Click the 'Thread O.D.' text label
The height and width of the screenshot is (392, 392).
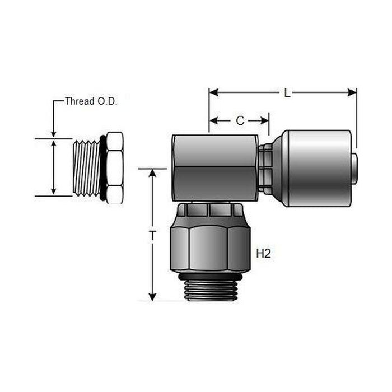pyautogui.click(x=91, y=101)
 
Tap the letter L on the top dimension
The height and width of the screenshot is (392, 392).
pyautogui.click(x=287, y=93)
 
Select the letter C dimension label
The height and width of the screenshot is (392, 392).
pyautogui.click(x=240, y=120)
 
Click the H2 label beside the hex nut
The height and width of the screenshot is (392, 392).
pyautogui.click(x=263, y=254)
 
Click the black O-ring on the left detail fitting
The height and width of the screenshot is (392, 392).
pyautogui.click(x=103, y=167)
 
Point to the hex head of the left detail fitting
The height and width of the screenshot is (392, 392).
pyautogui.click(x=114, y=167)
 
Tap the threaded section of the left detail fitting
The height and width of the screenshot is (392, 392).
pyautogui.click(x=87, y=167)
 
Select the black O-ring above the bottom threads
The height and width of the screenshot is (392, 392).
pyautogui.click(x=210, y=276)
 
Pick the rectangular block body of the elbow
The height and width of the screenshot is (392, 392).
pyautogui.click(x=214, y=167)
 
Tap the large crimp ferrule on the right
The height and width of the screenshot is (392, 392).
pyautogui.click(x=316, y=168)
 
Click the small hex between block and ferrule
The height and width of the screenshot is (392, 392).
pyautogui.click(x=267, y=168)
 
